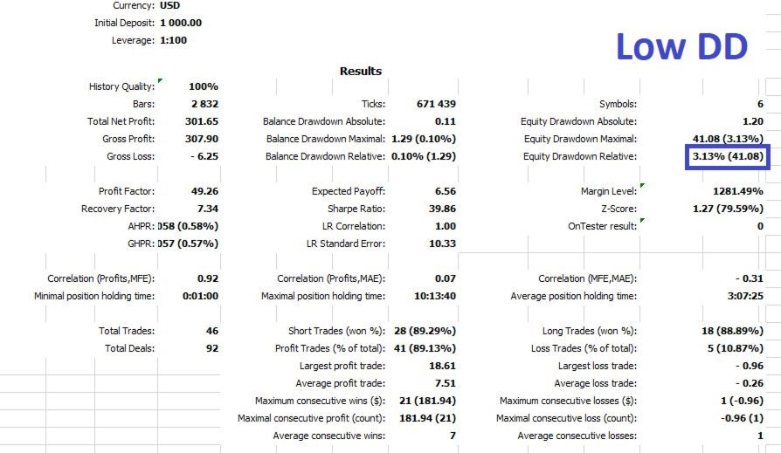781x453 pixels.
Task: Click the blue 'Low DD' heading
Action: point(682,46)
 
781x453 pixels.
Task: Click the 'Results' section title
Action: point(361,72)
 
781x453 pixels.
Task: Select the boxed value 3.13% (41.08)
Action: point(728,156)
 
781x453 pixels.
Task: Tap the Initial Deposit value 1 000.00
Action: point(181,23)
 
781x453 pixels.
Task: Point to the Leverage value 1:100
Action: point(173,40)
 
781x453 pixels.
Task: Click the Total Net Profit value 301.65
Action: point(202,121)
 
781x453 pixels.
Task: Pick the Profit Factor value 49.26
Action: point(204,191)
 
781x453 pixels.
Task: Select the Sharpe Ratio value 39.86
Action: point(442,209)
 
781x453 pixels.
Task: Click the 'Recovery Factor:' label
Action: point(118,209)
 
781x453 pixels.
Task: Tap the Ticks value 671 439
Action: point(436,104)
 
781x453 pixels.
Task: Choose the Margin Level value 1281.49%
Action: point(738,191)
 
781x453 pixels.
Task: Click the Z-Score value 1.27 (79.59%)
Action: point(729,209)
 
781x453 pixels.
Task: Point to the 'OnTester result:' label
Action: point(602,226)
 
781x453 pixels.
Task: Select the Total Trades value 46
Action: point(212,331)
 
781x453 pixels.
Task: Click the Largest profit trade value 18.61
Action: point(442,366)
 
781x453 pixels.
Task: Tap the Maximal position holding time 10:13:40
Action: point(435,296)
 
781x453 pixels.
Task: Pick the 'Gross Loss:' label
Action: point(130,156)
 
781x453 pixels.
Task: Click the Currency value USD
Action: point(169,5)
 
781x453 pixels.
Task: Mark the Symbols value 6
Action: point(760,104)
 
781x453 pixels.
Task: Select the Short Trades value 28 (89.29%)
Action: point(425,331)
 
